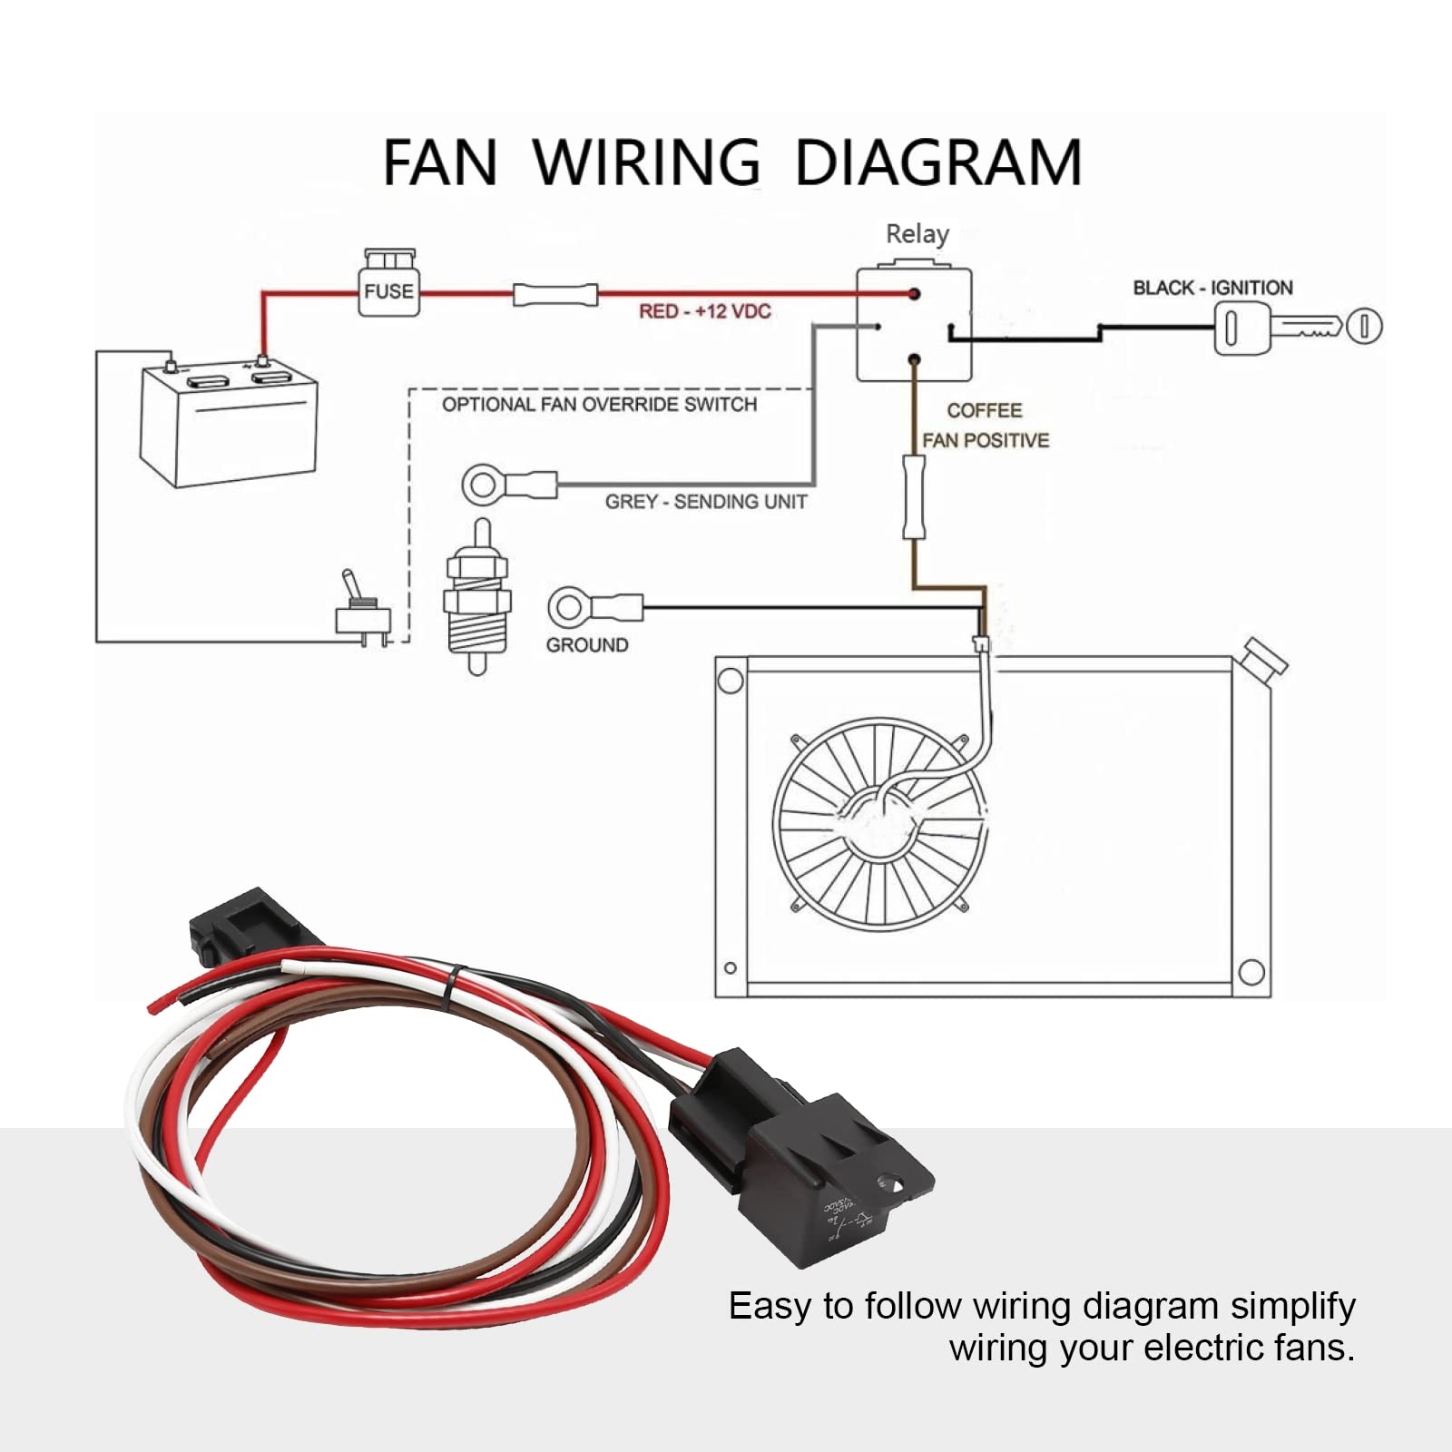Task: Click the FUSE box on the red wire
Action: tap(389, 289)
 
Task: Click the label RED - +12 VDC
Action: tap(704, 311)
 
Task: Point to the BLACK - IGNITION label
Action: tap(1212, 288)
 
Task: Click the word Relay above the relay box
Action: tap(917, 234)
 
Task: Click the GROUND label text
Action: tap(587, 645)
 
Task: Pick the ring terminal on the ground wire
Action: tap(570, 606)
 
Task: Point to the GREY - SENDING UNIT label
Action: tap(706, 502)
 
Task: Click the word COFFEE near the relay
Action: tap(984, 410)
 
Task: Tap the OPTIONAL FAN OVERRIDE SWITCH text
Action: tap(599, 404)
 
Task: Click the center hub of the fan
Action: tap(878, 823)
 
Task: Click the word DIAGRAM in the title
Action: tap(938, 163)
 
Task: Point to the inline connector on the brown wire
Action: tap(914, 497)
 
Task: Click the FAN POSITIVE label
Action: tap(986, 440)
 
